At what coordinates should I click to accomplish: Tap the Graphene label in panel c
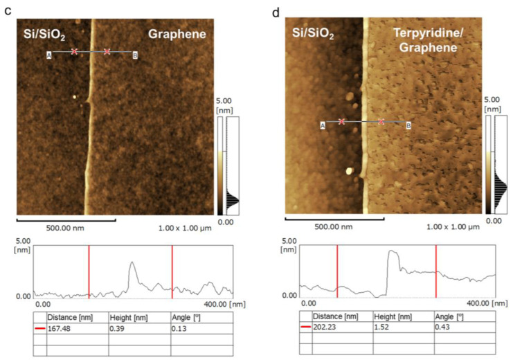pyautogui.click(x=173, y=33)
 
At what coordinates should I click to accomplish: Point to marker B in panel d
pyautogui.click(x=408, y=125)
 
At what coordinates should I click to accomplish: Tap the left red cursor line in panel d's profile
pyautogui.click(x=337, y=270)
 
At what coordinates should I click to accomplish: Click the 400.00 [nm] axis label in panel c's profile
pyautogui.click(x=226, y=303)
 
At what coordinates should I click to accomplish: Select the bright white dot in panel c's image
pyautogui.click(x=75, y=96)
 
